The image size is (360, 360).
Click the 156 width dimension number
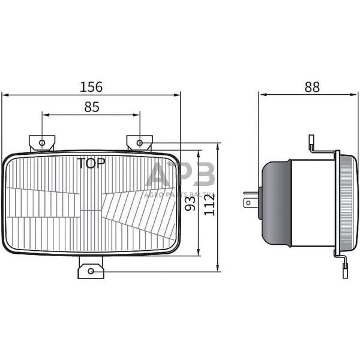pos(91,86)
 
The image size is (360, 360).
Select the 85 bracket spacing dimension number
pos(91,107)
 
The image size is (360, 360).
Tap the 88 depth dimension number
pos(312,86)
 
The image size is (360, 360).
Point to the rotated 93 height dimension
pos(190,203)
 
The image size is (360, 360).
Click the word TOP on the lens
pos(91,163)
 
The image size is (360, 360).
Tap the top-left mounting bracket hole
pos(41,143)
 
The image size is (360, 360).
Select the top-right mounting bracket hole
pos(139,143)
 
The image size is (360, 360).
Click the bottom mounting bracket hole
pos(91,271)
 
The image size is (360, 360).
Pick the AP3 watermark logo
pos(180,176)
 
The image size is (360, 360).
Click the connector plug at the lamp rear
pos(251,199)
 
